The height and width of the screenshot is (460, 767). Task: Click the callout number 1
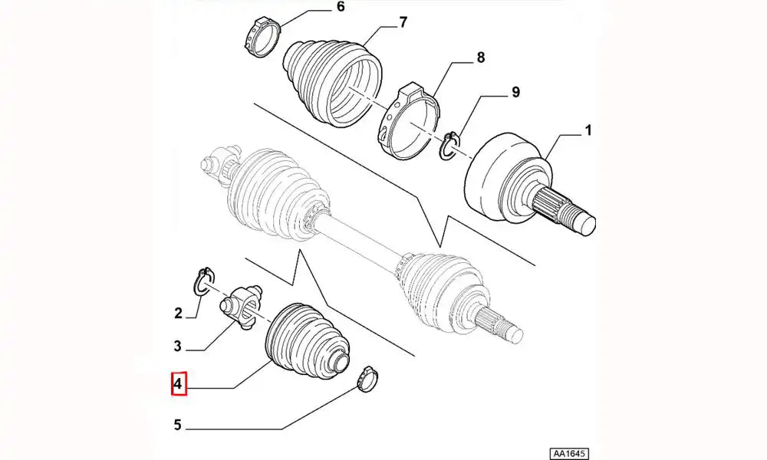click(588, 130)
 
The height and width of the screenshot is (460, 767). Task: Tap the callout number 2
click(178, 313)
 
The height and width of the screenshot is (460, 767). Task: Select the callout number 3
click(178, 346)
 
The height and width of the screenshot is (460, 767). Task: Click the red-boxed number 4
click(179, 384)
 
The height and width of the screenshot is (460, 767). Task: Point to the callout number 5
click(178, 425)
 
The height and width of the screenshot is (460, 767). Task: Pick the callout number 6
click(341, 7)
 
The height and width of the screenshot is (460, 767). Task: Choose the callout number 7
click(403, 22)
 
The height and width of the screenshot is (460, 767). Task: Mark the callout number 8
click(480, 58)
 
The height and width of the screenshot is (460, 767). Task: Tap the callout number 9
click(515, 92)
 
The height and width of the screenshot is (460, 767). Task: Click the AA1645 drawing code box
click(568, 453)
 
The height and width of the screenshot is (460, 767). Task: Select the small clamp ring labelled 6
click(262, 36)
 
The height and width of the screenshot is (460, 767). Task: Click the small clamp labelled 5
click(367, 379)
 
